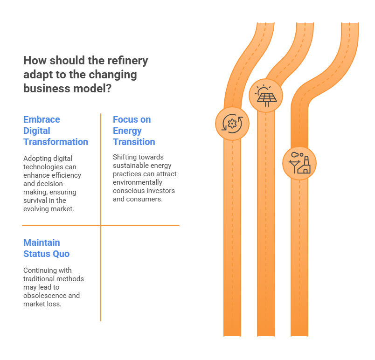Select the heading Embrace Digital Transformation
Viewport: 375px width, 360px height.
click(x=56, y=131)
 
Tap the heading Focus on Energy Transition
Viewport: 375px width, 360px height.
click(x=134, y=131)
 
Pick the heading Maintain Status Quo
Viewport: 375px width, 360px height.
click(x=46, y=248)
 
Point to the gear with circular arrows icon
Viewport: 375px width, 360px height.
click(x=232, y=124)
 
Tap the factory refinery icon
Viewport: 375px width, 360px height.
click(x=299, y=163)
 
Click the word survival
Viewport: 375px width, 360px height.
click(x=36, y=201)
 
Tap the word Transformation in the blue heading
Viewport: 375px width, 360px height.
click(x=56, y=142)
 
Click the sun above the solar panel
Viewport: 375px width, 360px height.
click(x=264, y=90)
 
